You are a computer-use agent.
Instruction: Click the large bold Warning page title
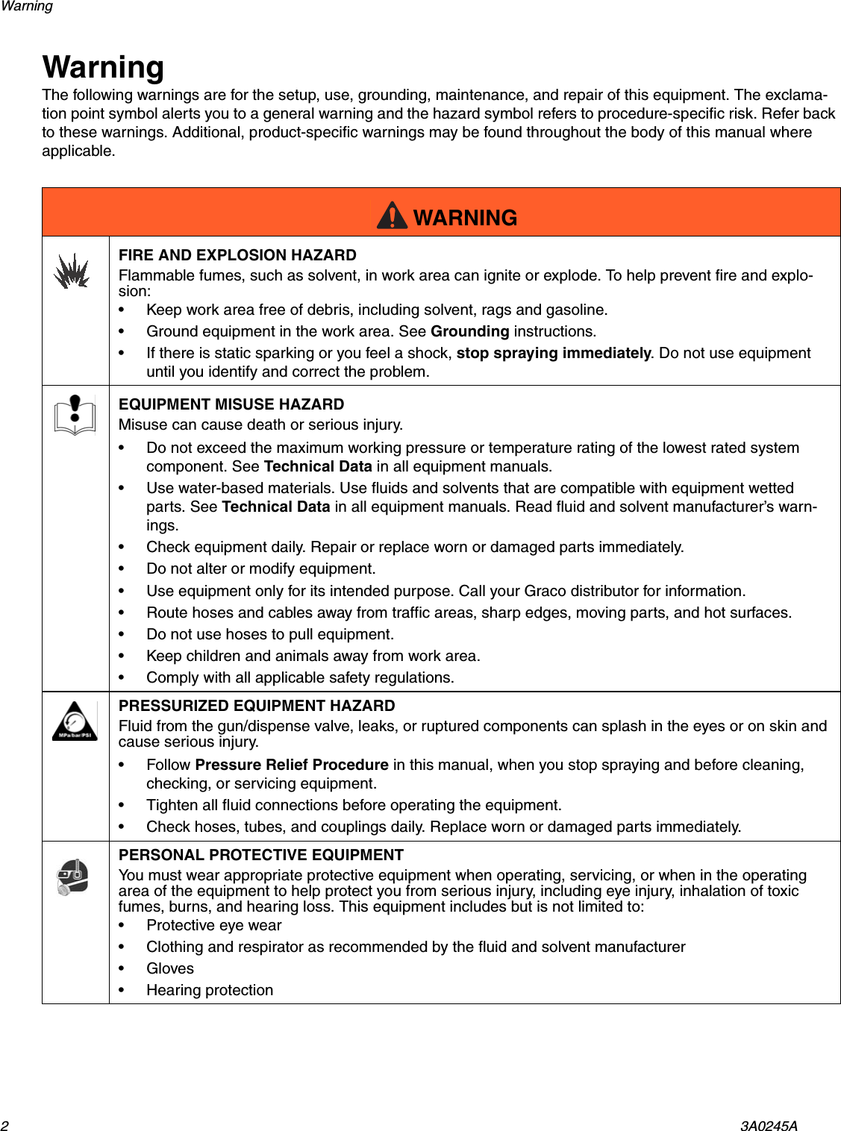[103, 67]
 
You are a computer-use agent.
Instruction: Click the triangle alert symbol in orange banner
[392, 216]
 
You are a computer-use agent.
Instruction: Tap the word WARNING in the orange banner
[465, 218]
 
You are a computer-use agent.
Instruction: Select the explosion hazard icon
[72, 271]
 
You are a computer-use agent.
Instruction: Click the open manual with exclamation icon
[75, 415]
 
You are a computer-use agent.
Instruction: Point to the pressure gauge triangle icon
[75, 721]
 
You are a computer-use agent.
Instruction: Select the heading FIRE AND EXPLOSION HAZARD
[237, 255]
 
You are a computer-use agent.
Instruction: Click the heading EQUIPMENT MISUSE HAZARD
[231, 404]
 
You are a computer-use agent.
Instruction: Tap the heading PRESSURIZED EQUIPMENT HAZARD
[257, 706]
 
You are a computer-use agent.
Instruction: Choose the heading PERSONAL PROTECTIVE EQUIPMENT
[261, 855]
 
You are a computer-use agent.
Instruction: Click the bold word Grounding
[469, 331]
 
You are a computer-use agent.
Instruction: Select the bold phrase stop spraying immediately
[553, 353]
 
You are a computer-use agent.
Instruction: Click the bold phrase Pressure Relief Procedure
[291, 765]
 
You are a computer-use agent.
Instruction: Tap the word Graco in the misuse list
[545, 591]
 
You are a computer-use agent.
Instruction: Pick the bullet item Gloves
[170, 968]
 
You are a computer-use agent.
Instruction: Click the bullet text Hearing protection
[210, 990]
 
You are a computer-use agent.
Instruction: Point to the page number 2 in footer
[4, 1126]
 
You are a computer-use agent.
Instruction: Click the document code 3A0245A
[769, 1126]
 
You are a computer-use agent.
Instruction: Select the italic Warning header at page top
[27, 7]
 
